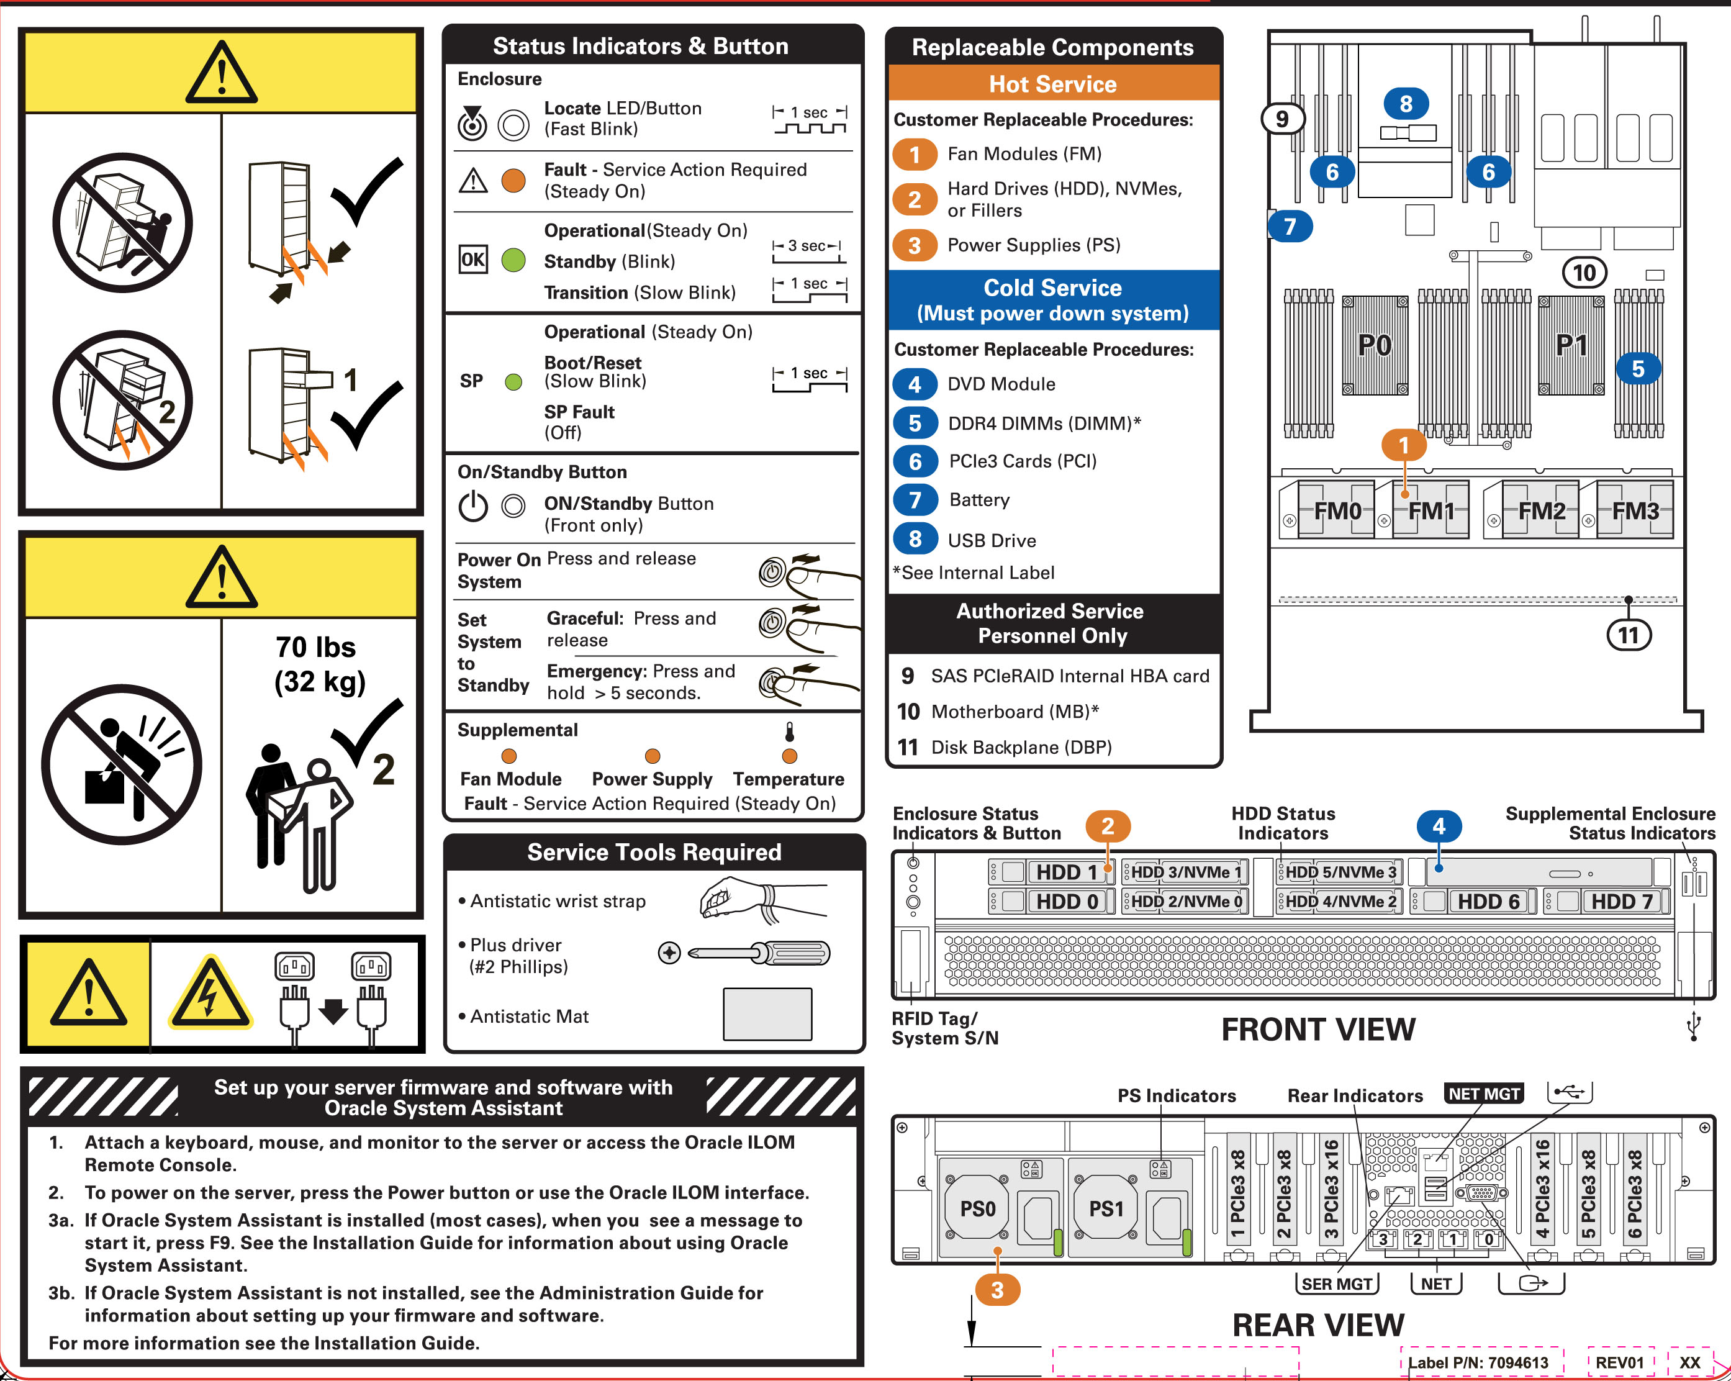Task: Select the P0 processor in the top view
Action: point(1375,346)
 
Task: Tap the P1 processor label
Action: point(1571,346)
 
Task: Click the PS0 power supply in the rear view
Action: point(977,1209)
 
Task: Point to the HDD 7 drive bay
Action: point(1621,902)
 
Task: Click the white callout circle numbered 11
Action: point(1628,636)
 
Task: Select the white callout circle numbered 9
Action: point(1282,119)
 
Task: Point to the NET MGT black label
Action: point(1484,1093)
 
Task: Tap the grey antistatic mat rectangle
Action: point(767,1014)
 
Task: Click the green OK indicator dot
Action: point(513,260)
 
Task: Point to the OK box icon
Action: point(473,260)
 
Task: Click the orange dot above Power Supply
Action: point(652,756)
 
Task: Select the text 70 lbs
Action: point(315,647)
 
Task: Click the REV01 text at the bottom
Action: point(1619,1362)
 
